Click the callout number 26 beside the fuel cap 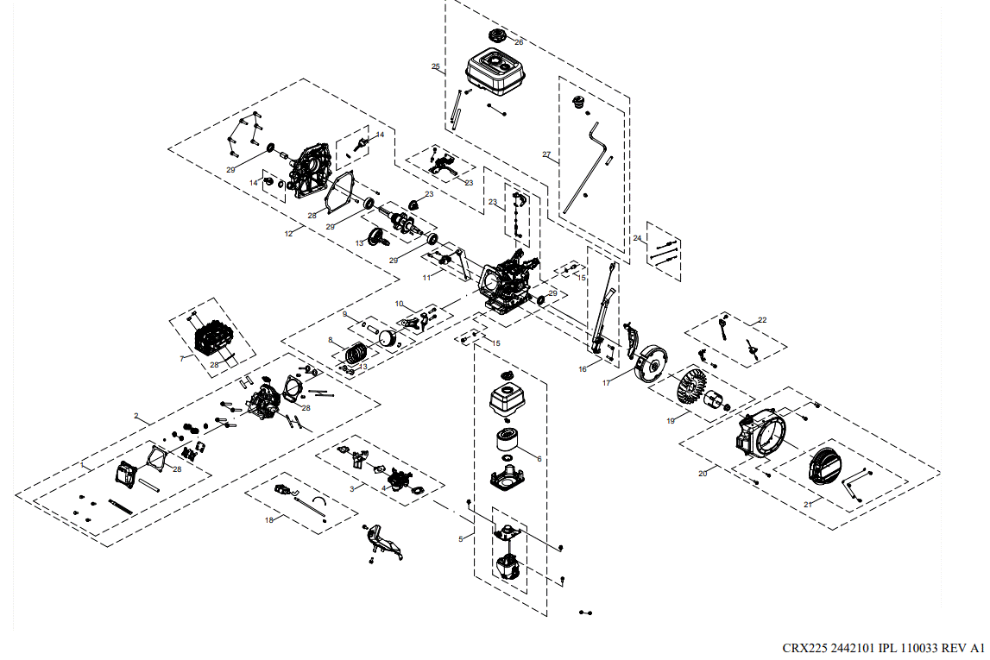pyautogui.click(x=519, y=41)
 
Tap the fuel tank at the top pyautogui.click(x=497, y=72)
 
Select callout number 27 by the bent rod pyautogui.click(x=546, y=154)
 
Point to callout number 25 pyautogui.click(x=436, y=66)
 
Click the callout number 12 pyautogui.click(x=289, y=233)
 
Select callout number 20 pyautogui.click(x=703, y=474)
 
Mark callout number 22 pyautogui.click(x=761, y=320)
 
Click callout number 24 pyautogui.click(x=638, y=238)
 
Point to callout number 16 pyautogui.click(x=583, y=368)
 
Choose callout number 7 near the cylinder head pyautogui.click(x=182, y=357)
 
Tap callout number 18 pyautogui.click(x=269, y=520)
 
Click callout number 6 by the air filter pyautogui.click(x=539, y=459)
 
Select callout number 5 pyautogui.click(x=461, y=539)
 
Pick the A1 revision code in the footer pyautogui.click(x=976, y=648)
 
